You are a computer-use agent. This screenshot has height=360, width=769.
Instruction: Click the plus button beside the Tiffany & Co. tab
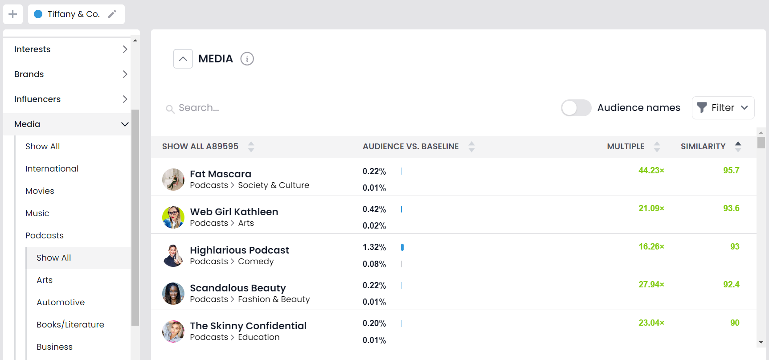pos(13,14)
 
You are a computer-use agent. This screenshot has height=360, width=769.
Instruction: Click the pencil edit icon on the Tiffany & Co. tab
pos(112,14)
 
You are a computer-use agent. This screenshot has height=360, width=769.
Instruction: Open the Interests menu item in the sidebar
pos(33,49)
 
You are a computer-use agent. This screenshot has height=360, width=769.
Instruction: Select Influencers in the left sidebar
pos(37,99)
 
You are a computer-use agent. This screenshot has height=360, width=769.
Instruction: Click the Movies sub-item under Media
pos(40,191)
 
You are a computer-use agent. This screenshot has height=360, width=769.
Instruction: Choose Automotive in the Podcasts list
pos(61,303)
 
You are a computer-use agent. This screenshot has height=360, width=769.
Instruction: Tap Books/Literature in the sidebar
pos(70,325)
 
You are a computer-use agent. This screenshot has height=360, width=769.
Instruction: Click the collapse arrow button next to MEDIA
pos(183,59)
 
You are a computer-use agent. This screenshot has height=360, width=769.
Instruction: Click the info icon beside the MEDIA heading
pos(247,59)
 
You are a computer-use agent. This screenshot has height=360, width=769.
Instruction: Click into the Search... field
pos(267,108)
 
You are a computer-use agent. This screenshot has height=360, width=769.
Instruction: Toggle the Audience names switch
pos(576,108)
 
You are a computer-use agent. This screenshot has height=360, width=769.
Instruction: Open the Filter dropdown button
pos(723,108)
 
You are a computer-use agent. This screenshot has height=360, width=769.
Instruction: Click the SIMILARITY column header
pos(703,147)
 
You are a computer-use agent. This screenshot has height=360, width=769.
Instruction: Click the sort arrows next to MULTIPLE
pos(657,147)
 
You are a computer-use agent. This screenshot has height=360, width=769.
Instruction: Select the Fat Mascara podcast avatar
pos(173,180)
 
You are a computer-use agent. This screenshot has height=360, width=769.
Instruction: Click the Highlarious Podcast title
pos(239,250)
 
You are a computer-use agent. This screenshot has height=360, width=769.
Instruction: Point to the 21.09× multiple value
pos(651,209)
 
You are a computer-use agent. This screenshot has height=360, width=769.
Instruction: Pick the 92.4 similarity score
pos(731,285)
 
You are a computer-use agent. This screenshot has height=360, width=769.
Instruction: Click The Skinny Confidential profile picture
pos(173,331)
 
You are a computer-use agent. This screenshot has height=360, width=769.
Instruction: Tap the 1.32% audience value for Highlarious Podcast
pos(374,247)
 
